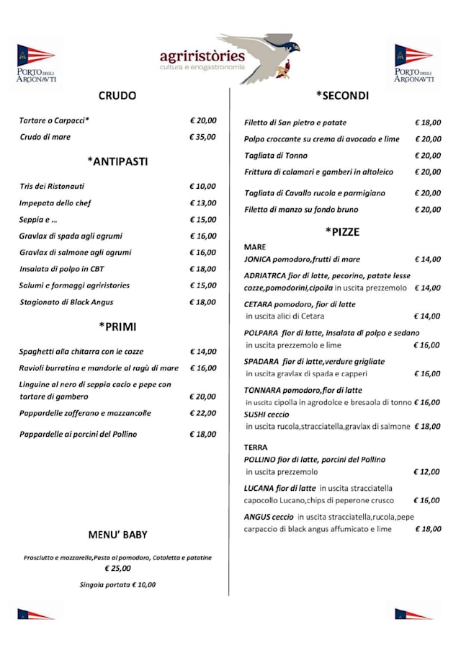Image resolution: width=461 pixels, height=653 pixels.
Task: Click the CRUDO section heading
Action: tap(117, 96)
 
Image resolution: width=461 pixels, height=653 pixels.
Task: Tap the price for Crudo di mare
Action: tap(202, 137)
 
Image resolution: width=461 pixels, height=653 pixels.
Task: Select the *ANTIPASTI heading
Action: tap(117, 161)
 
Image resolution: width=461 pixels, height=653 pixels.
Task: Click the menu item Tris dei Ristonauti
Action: tap(52, 186)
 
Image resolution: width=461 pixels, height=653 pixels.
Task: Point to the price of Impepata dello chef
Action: tap(202, 203)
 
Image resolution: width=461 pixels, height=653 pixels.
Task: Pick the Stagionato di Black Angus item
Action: tap(66, 302)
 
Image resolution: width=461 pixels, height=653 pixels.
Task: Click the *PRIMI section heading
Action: tap(117, 326)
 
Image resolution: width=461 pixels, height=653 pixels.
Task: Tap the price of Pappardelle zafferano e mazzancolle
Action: tap(202, 414)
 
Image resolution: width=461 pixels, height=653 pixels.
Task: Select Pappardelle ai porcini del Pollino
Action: tap(78, 435)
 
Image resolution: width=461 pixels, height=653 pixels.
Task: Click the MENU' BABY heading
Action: tap(117, 535)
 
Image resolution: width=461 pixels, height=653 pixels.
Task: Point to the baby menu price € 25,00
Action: tap(117, 569)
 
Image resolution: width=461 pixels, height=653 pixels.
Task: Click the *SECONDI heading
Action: tap(342, 96)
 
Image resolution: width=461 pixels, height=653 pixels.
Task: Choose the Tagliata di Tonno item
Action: tap(276, 156)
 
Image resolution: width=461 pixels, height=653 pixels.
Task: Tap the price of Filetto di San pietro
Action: tap(428, 123)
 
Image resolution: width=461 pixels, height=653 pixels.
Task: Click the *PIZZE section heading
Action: tap(342, 232)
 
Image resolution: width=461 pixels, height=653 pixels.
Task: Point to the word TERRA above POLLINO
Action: tap(256, 448)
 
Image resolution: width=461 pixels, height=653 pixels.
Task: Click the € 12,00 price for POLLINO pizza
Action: tap(427, 472)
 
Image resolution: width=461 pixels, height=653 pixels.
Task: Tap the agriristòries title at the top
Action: tap(202, 56)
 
